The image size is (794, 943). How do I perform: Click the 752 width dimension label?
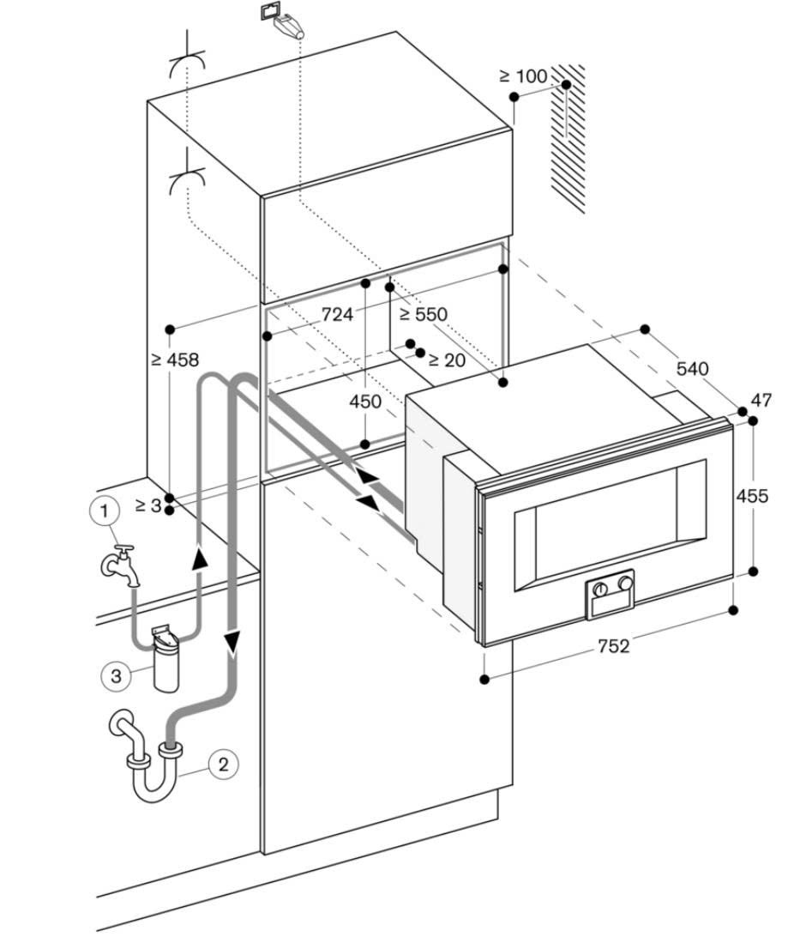[x=613, y=646]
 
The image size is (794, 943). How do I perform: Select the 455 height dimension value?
[x=752, y=496]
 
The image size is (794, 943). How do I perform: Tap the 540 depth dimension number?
[x=692, y=369]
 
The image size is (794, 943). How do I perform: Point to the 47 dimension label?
[x=761, y=400]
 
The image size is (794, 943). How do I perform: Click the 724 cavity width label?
[x=337, y=315]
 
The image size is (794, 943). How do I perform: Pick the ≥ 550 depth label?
[x=424, y=314]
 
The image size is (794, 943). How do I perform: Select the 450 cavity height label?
[x=366, y=402]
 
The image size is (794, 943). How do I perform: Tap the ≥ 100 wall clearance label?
[x=523, y=76]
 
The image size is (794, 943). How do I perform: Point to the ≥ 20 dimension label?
[x=447, y=360]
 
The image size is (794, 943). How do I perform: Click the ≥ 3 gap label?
[x=147, y=505]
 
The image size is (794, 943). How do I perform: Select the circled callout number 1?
[x=104, y=511]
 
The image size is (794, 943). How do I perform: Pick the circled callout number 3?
[x=117, y=675]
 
